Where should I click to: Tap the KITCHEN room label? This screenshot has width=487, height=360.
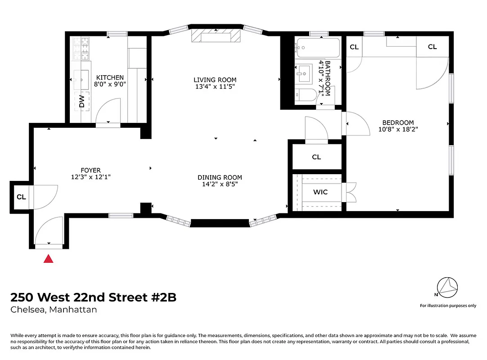point(109,77)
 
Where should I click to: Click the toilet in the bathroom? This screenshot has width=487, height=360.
point(306,95)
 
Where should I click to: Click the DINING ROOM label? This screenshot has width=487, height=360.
point(220,177)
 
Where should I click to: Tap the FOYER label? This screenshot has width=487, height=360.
point(90,170)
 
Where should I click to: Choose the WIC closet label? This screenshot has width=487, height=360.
point(320,192)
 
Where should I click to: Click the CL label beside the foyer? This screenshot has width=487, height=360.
point(21,197)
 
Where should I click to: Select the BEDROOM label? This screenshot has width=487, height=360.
point(398,122)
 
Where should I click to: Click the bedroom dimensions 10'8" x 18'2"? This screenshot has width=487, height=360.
point(398,129)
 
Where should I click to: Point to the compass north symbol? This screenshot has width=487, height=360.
point(447,287)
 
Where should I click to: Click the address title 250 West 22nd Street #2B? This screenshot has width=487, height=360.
point(93,297)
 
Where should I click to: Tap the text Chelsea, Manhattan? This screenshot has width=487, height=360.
point(54,310)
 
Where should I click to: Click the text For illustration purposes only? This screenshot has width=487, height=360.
point(448,306)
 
